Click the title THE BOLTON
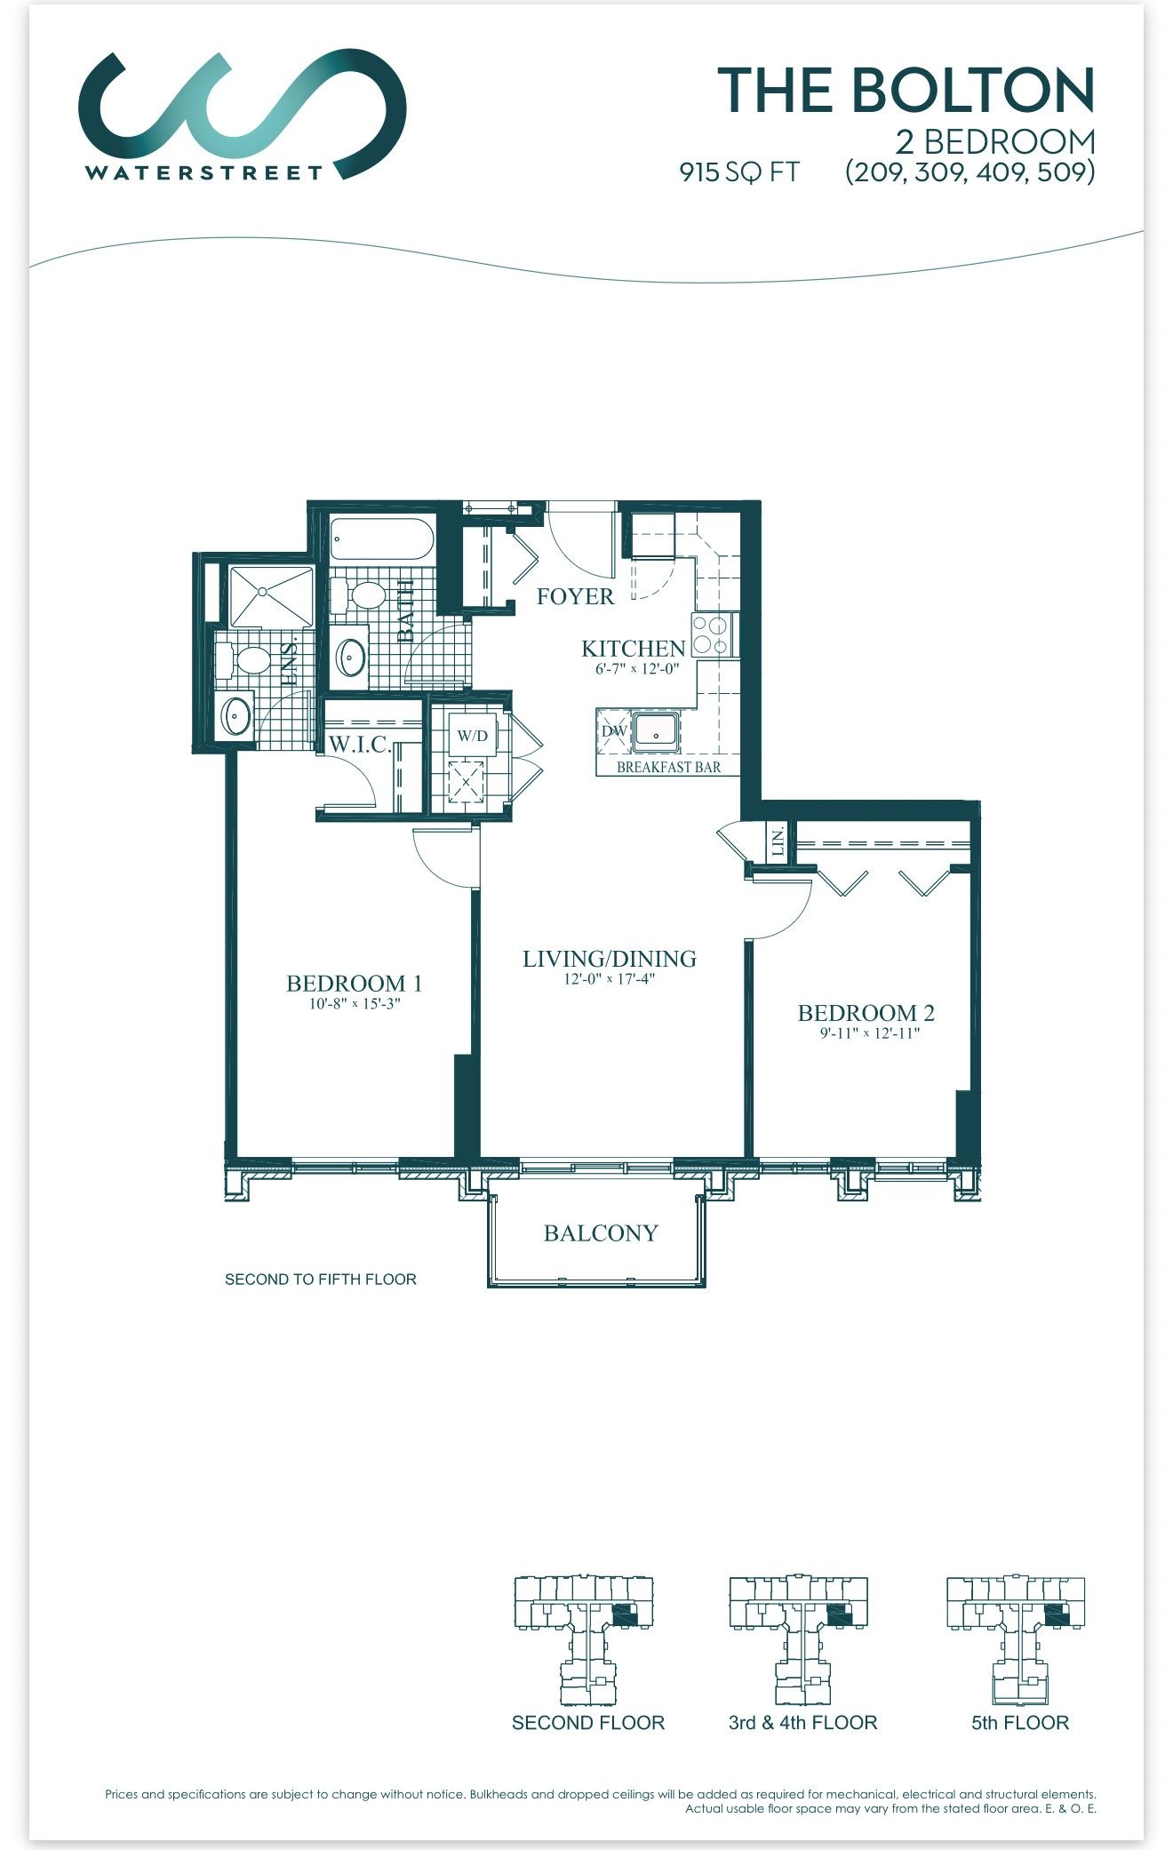click(x=906, y=91)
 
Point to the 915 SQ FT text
click(x=739, y=171)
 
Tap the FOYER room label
click(x=575, y=596)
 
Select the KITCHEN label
click(x=633, y=649)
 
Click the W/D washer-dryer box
click(x=472, y=736)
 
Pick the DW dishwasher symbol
click(x=614, y=731)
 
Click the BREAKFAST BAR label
click(x=668, y=767)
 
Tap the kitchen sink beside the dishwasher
click(x=656, y=732)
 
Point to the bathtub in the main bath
click(x=381, y=538)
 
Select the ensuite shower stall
click(x=271, y=596)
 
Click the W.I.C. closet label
click(x=361, y=745)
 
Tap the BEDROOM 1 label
click(x=354, y=984)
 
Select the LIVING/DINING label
click(x=610, y=959)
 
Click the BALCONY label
click(x=601, y=1233)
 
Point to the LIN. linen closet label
click(x=778, y=841)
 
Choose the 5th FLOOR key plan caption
click(x=1020, y=1723)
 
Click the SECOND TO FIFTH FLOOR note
click(x=321, y=1280)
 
